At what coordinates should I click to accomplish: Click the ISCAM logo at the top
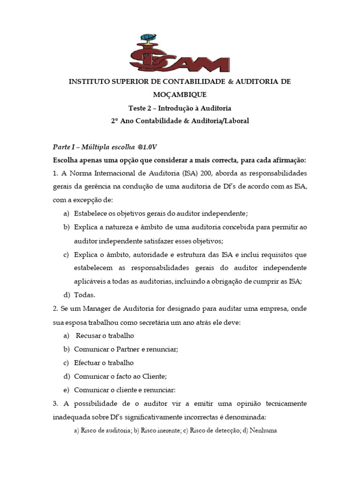pos(180,52)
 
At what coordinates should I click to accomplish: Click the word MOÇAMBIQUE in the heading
pos(180,95)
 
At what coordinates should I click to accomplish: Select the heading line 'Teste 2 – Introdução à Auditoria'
pos(180,108)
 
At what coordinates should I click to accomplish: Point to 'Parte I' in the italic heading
pos(63,147)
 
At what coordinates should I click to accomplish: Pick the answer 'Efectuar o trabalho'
pos(104,363)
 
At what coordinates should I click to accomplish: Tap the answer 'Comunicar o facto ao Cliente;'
pos(120,376)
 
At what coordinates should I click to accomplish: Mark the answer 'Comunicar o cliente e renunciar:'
pos(125,390)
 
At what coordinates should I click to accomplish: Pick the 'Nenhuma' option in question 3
pos(263,430)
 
